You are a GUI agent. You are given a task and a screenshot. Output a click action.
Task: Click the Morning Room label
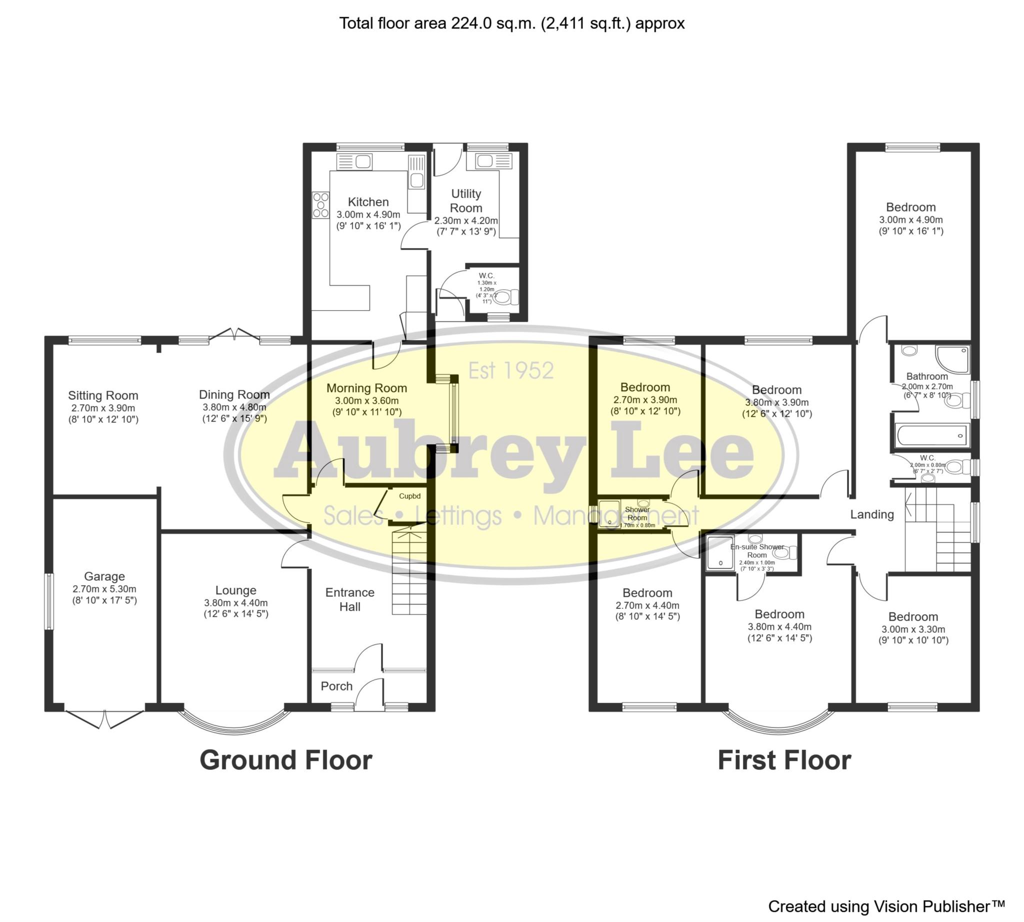coord(366,388)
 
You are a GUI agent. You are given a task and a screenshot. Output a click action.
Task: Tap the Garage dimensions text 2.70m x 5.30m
coord(104,589)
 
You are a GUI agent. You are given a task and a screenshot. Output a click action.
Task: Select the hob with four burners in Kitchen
coord(320,205)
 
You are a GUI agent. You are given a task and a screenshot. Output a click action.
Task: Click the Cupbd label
coord(409,496)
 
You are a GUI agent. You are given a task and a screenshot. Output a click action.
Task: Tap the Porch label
coord(336,686)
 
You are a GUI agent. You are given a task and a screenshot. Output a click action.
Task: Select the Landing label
coord(871,514)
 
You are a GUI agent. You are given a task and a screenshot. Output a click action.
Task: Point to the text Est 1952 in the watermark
coord(510,371)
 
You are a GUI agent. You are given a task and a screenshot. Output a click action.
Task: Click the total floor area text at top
coord(511,24)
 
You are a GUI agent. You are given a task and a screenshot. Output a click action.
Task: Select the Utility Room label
coord(466,201)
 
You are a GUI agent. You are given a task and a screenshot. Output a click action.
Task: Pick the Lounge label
coord(235,590)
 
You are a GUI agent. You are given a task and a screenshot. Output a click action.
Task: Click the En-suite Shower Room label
coord(756,551)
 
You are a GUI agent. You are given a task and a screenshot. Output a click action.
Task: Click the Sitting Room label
coord(103,395)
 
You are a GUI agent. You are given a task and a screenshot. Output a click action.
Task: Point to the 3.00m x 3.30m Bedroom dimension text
coord(913,629)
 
